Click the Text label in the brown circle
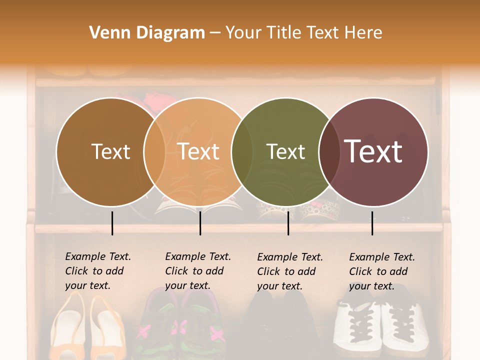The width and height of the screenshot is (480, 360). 110,152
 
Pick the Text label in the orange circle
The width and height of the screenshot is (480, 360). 198,152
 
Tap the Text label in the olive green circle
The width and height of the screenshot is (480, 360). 285,152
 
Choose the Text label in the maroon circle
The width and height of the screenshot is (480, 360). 373,152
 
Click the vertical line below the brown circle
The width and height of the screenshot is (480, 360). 112,223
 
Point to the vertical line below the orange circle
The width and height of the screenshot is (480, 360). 200,223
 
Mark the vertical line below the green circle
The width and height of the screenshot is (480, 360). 288,223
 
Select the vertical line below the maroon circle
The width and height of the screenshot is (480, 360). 372,223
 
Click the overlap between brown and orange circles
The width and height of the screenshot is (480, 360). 154,152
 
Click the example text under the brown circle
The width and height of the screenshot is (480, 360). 98,271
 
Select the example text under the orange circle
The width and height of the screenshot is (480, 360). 198,271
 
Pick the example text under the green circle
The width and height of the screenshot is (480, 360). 290,271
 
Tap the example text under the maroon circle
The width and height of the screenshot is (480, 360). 382,271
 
